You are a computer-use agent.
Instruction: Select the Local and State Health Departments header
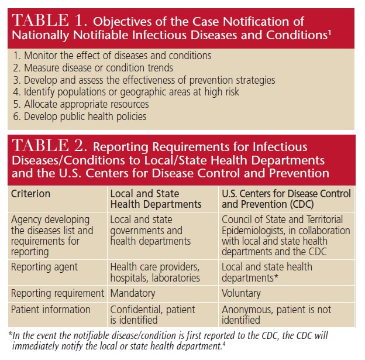156,198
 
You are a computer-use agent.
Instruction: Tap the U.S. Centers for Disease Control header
286,198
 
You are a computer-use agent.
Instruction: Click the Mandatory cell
133,293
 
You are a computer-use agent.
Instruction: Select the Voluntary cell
242,293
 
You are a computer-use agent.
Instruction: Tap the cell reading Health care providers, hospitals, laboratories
155,272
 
